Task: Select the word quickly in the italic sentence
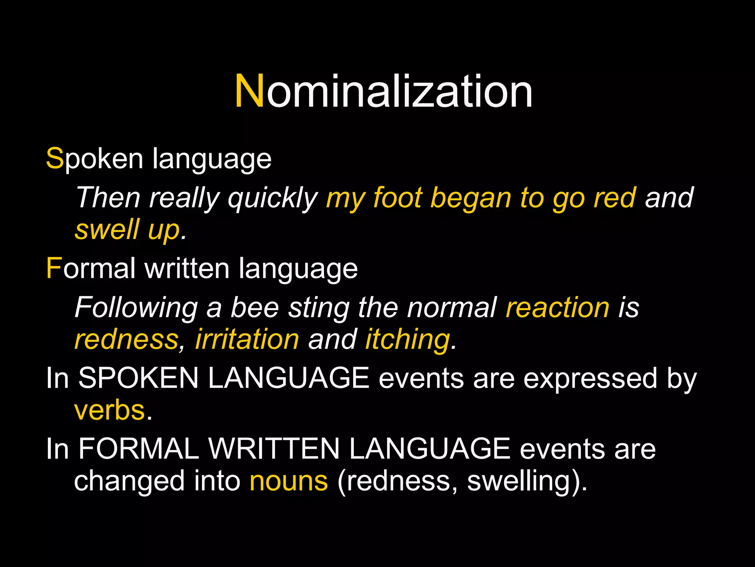coord(273,199)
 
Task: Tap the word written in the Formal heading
coord(187,268)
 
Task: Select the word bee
coord(255,307)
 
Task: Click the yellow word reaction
coord(557,307)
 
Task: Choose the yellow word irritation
coord(247,339)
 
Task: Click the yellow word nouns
coord(289,481)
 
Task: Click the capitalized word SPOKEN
coord(139,378)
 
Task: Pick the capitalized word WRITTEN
coord(274,449)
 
